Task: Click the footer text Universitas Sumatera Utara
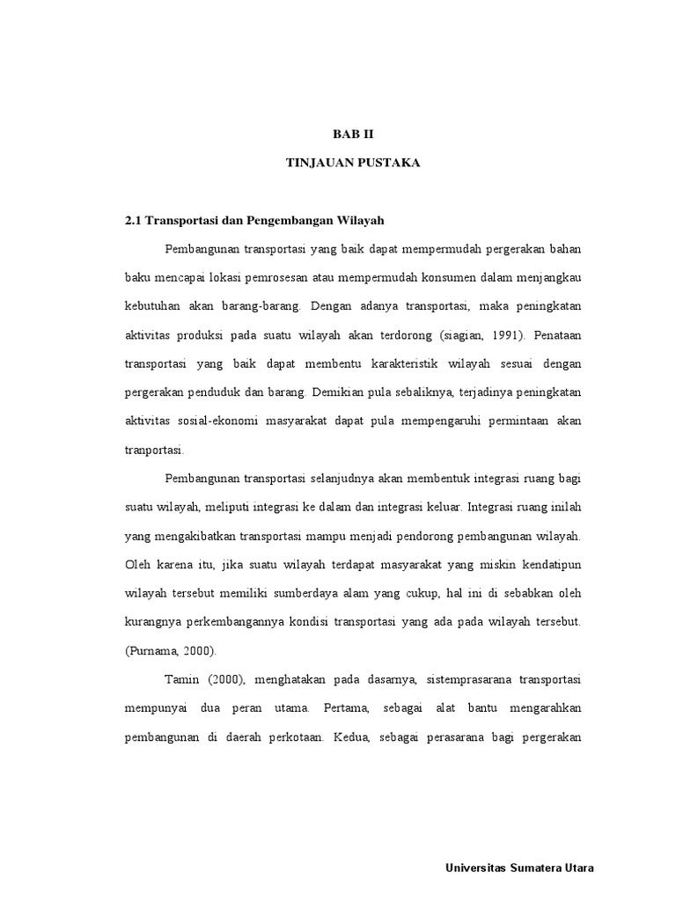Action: (519, 868)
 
